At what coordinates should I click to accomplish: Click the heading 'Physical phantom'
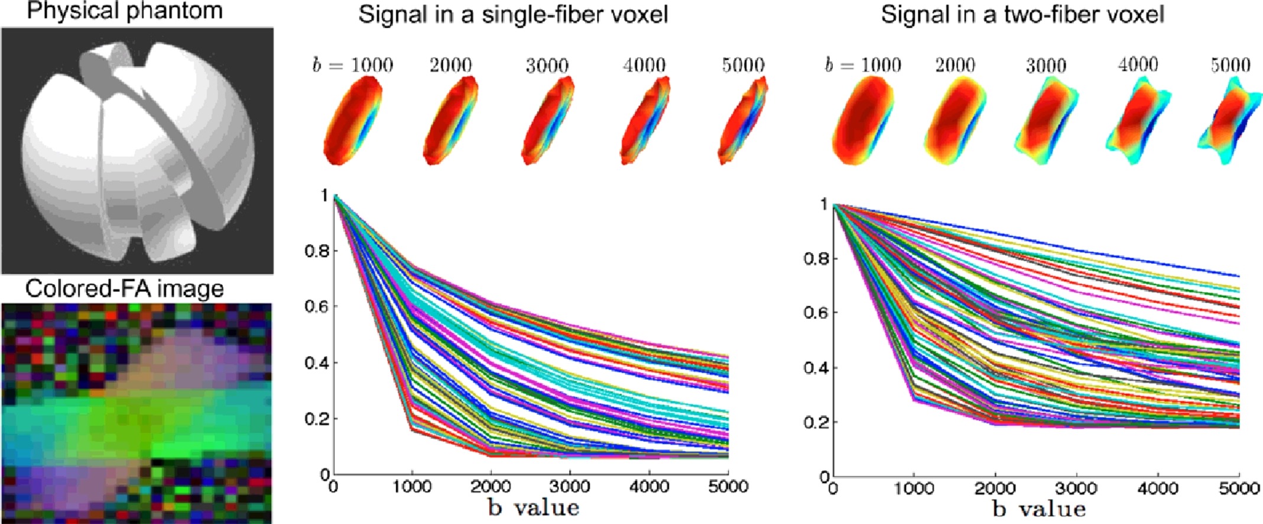[125, 11]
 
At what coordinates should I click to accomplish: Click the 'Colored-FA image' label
[125, 289]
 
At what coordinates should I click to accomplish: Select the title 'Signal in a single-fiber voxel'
[513, 14]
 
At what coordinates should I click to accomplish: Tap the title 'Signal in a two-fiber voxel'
[1022, 14]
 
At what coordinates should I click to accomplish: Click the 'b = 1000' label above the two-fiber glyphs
[862, 65]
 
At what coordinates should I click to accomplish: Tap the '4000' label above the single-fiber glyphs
[644, 65]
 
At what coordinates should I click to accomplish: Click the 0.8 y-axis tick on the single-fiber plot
[316, 251]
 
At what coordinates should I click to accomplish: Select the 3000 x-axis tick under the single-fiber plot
[570, 487]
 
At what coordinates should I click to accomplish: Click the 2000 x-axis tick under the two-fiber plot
[995, 489]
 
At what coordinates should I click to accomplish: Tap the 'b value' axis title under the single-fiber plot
[533, 507]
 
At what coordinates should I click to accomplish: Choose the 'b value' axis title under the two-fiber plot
[1039, 509]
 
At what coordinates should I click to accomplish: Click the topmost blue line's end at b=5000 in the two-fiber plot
[1237, 276]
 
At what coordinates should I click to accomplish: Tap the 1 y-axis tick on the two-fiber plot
[824, 204]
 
